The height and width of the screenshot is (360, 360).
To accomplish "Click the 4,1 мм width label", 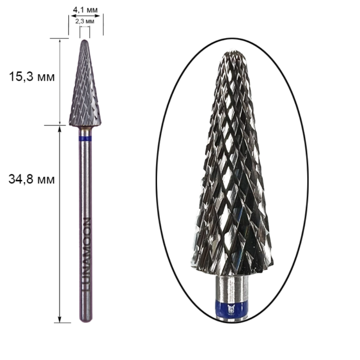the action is point(85,10).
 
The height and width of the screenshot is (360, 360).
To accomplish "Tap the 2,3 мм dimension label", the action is point(85,22).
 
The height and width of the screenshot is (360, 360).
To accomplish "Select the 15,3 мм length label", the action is point(32,77).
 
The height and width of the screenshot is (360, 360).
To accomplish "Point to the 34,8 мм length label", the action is point(32,179).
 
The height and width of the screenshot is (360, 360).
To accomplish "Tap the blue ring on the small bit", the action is point(85,138).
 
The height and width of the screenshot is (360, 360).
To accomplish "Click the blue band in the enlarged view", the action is point(231,308).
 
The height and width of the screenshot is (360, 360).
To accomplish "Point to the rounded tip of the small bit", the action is point(85,41).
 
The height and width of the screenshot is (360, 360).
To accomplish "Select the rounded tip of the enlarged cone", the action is point(233,54).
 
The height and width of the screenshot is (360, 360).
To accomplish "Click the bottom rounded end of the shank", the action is point(86,319).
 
